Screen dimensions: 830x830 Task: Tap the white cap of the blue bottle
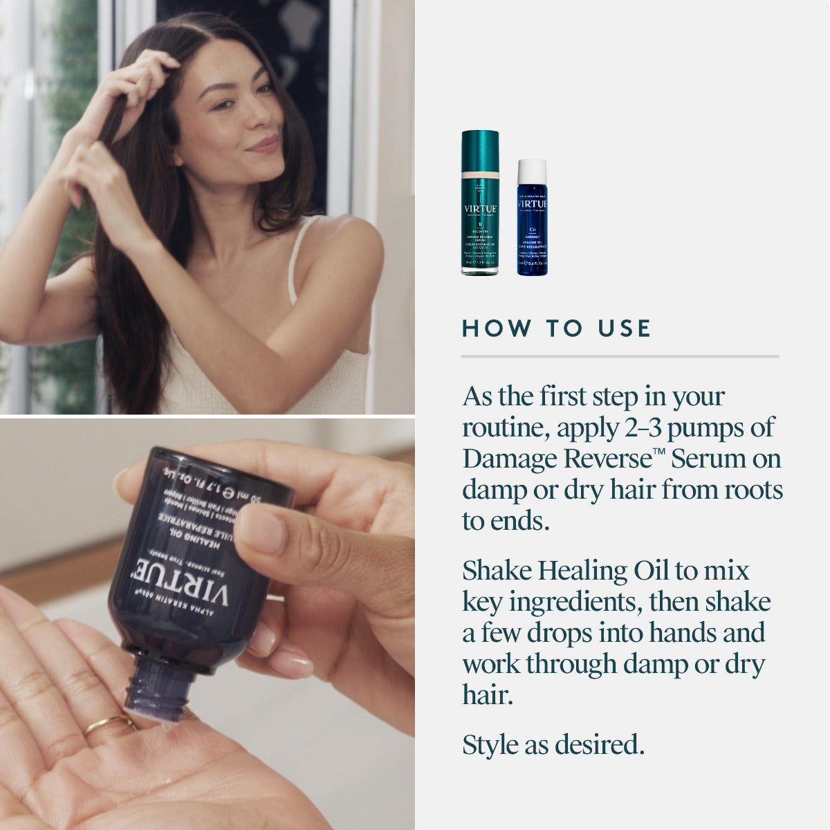click(x=532, y=171)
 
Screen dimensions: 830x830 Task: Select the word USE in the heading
click(x=625, y=329)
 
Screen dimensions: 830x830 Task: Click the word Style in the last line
click(x=490, y=745)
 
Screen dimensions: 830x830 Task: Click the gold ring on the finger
click(x=109, y=723)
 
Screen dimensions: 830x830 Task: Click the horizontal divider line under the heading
click(x=620, y=356)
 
